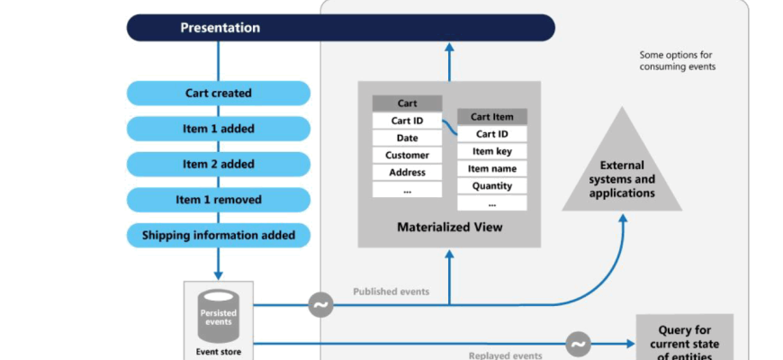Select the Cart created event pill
[x=219, y=93]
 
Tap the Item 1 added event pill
[x=219, y=129]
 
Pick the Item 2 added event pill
[x=219, y=164]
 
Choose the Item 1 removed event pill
[x=219, y=200]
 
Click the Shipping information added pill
[x=219, y=236]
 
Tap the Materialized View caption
[x=449, y=228]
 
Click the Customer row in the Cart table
[x=407, y=156]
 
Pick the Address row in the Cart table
[x=407, y=173]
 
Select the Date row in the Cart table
[x=407, y=138]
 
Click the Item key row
[x=491, y=151]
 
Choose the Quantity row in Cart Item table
[x=491, y=186]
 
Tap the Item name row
[x=491, y=169]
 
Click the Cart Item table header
[x=491, y=117]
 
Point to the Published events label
[x=391, y=292]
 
